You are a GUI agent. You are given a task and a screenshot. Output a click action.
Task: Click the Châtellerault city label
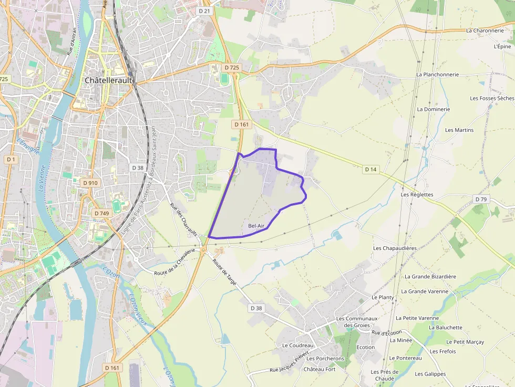109,81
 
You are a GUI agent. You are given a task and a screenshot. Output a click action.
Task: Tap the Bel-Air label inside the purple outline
256,226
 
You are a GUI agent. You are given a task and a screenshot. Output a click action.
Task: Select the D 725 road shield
232,68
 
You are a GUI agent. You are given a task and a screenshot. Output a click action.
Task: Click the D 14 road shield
370,169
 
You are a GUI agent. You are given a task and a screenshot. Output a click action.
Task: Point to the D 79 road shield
481,199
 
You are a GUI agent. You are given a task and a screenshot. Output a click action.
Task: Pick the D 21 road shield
204,11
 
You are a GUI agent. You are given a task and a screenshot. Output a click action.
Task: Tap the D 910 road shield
90,183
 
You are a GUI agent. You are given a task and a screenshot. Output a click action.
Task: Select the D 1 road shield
11,159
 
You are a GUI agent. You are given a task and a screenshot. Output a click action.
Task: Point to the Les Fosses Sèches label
491,98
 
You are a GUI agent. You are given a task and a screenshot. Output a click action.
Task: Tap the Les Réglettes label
417,194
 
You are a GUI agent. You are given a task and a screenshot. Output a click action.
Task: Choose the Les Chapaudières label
395,248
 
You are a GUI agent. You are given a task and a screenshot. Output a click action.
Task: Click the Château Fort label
320,369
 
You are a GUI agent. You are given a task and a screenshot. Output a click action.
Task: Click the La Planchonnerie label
437,75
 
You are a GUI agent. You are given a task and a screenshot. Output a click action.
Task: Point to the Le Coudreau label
297,346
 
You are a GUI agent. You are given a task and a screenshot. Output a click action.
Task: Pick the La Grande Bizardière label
430,276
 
